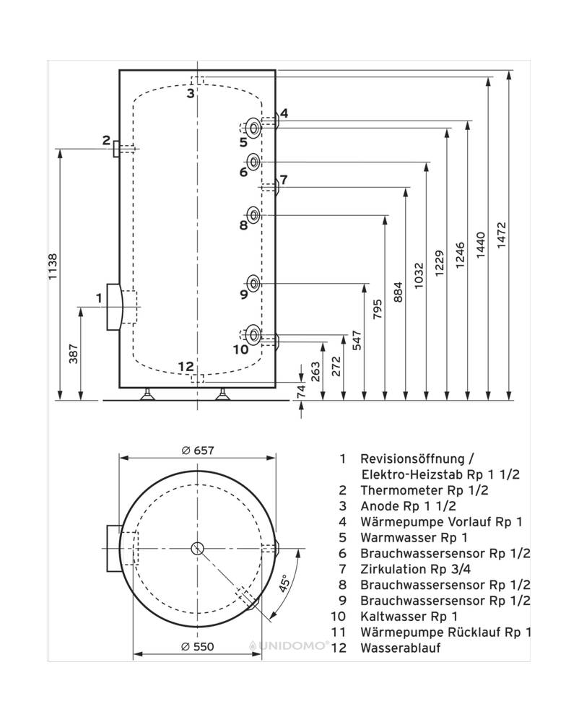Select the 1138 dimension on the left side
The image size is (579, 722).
[53, 272]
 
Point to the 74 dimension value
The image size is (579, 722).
[302, 391]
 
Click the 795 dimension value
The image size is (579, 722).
[378, 310]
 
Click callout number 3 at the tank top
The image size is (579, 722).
[191, 93]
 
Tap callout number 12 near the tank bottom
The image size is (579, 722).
[186, 366]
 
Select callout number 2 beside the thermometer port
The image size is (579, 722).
[106, 140]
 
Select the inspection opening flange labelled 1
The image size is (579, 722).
[114, 307]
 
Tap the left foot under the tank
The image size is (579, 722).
[149, 393]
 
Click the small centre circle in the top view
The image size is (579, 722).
[198, 548]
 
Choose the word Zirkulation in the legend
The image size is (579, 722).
[392, 569]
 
